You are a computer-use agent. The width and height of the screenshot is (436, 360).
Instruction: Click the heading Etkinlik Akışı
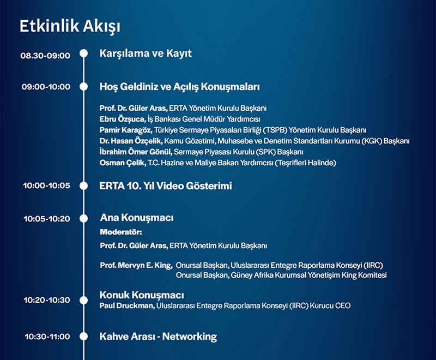[x=70, y=27]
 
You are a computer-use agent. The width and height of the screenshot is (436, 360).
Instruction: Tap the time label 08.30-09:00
[x=45, y=56]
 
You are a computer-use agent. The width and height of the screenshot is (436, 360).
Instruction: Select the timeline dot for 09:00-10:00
[x=83, y=87]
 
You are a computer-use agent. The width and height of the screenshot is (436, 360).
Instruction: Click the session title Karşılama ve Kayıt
[x=146, y=53]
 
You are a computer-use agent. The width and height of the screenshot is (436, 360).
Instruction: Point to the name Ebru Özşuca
[x=122, y=119]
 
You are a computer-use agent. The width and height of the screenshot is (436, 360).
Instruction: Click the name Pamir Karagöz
[x=126, y=130]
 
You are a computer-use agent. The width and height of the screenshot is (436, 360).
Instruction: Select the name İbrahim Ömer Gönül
[x=136, y=152]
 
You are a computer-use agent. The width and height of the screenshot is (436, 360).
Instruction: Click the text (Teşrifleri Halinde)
[x=305, y=163]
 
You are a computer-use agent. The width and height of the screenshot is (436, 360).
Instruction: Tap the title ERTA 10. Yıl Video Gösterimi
[x=166, y=186]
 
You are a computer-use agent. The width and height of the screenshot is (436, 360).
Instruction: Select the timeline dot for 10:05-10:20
[x=83, y=218]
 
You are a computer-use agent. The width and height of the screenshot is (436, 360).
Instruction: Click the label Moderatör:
[x=121, y=232]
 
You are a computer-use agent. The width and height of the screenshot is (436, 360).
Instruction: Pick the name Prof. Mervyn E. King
[x=136, y=266]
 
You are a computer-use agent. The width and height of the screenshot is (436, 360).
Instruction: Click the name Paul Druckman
[x=127, y=306]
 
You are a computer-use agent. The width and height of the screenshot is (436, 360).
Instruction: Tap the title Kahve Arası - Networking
[x=158, y=337]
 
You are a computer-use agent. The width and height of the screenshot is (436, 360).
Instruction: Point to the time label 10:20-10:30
[x=47, y=300]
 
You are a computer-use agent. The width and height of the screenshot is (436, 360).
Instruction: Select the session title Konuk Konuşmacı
[x=142, y=295]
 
